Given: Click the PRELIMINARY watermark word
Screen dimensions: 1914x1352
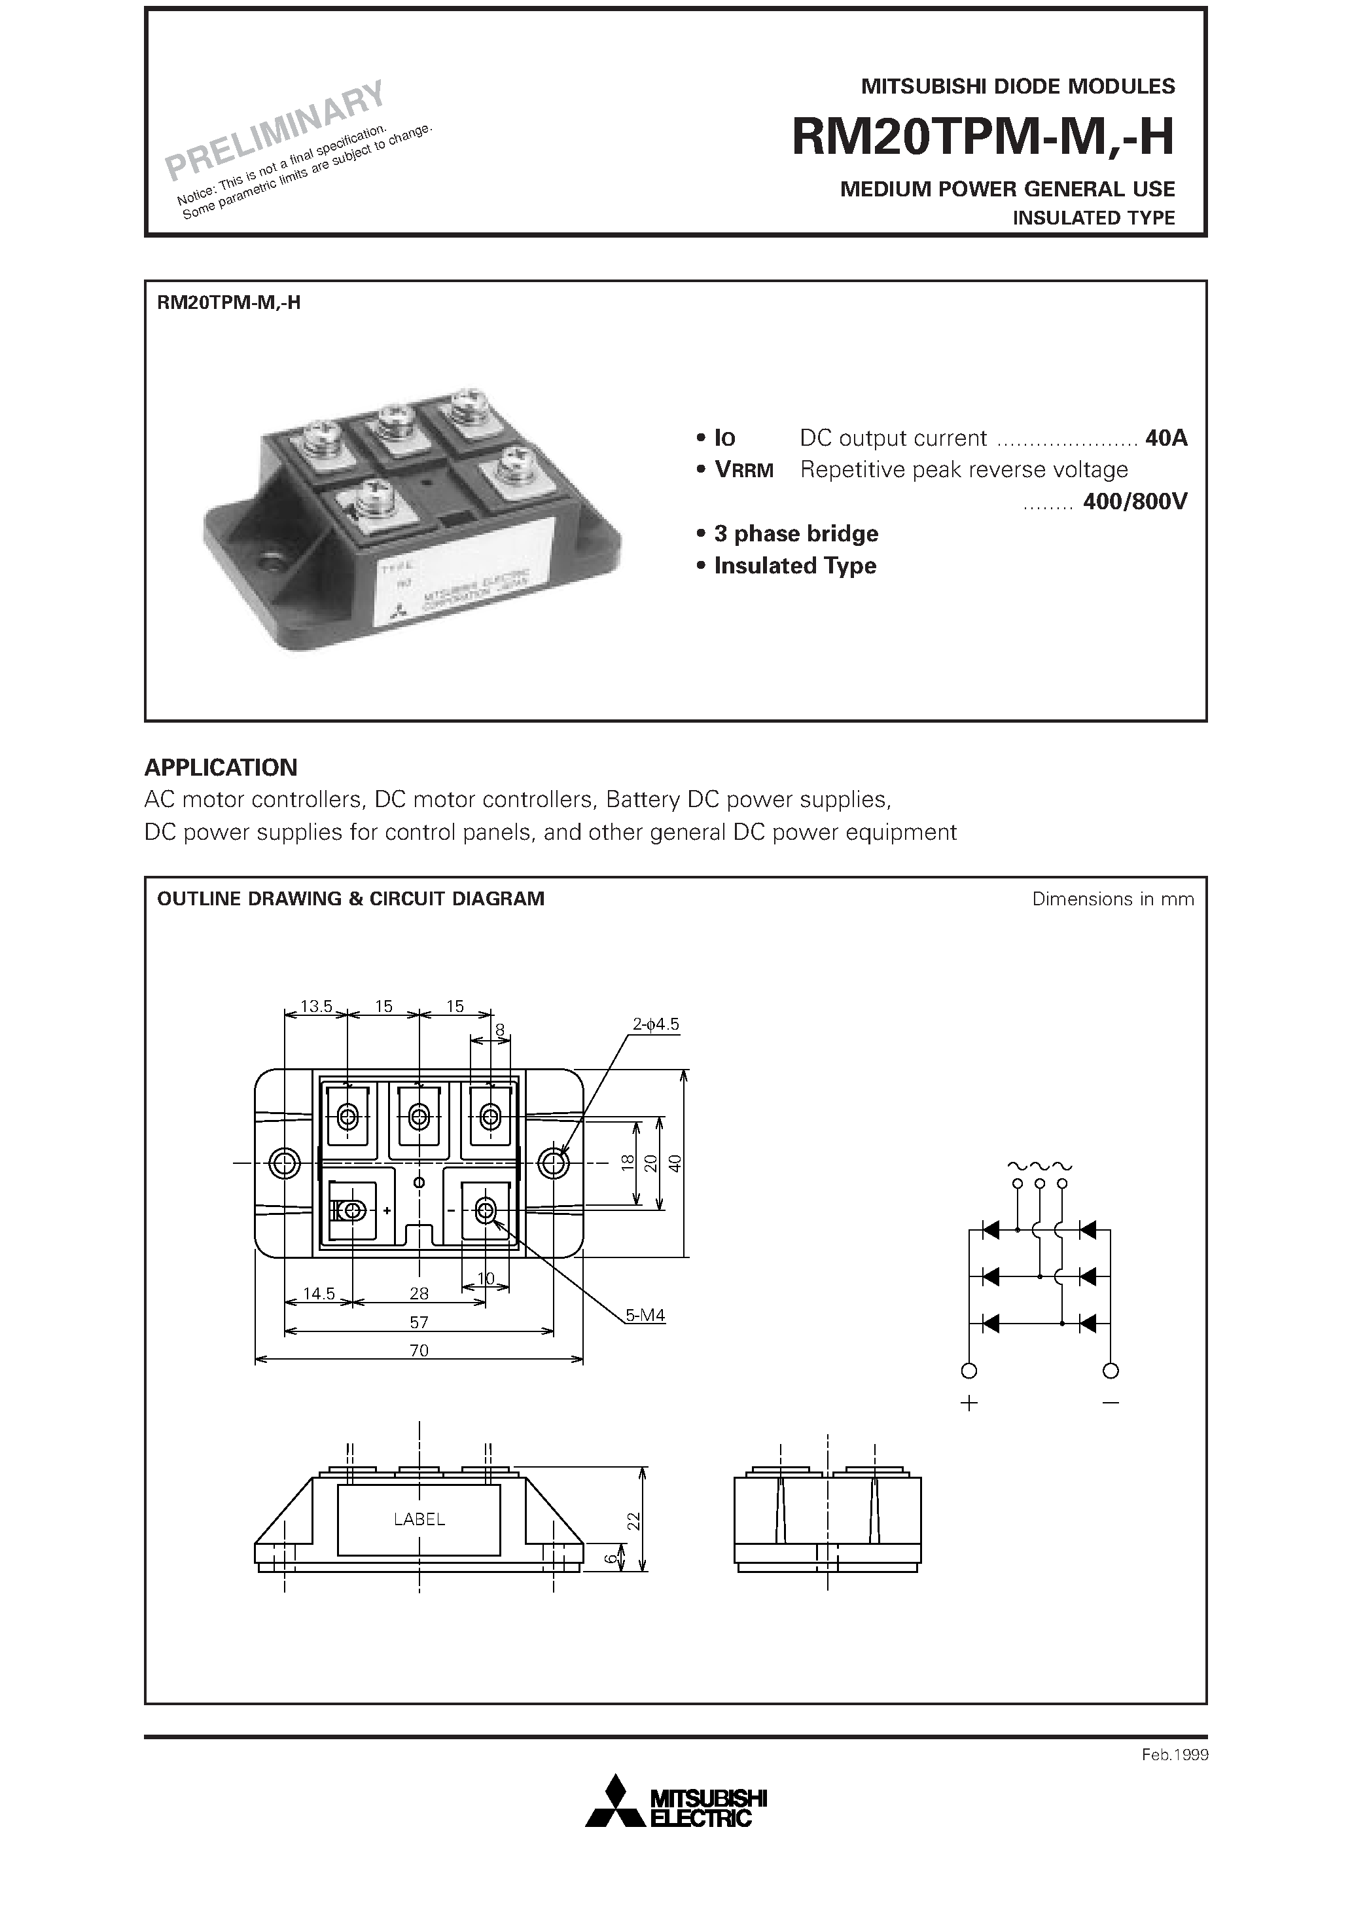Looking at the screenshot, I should click(275, 131).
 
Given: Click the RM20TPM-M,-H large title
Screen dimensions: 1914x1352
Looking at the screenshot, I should click(983, 137).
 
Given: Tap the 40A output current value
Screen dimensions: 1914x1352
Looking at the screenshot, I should click(1166, 438).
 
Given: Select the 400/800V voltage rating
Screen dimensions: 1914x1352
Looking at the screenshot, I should click(1135, 502).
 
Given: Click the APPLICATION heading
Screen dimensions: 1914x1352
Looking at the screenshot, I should click(221, 767).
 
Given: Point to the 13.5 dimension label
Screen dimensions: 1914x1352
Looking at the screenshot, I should click(316, 1006).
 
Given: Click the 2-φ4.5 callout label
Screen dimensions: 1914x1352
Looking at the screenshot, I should click(656, 1024).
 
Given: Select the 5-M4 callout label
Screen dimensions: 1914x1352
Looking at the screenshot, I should click(645, 1316).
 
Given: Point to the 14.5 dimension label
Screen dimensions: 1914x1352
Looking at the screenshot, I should click(319, 1294).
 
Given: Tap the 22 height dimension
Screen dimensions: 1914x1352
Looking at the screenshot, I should click(633, 1521).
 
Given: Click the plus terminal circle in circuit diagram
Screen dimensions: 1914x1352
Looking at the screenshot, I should click(969, 1371).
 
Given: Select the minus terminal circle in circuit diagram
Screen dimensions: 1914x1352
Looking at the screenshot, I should click(1111, 1371).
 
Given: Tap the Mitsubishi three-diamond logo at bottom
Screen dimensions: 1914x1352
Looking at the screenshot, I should click(616, 1801).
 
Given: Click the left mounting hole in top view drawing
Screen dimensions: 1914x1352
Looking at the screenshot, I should click(285, 1163).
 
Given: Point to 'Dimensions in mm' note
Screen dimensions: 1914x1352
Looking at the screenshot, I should click(1112, 899).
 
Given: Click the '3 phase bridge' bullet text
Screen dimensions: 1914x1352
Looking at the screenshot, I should click(796, 533).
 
